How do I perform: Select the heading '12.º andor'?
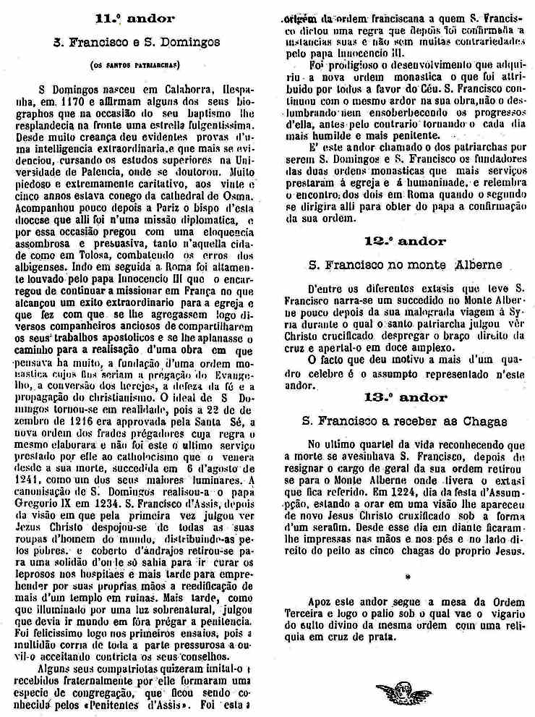coord(404,241)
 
